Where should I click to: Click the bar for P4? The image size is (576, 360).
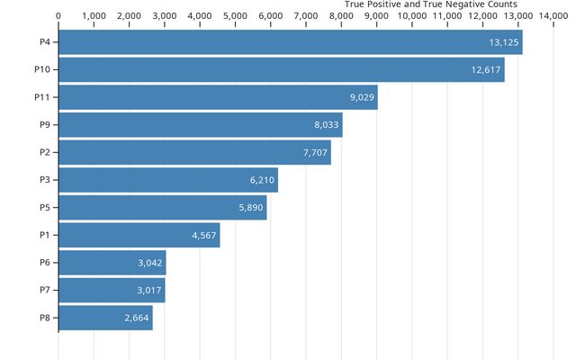(x=291, y=42)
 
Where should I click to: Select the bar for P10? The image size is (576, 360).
(x=282, y=70)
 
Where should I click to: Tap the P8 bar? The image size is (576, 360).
(x=106, y=318)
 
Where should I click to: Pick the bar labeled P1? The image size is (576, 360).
(x=139, y=235)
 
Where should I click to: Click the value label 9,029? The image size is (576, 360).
(x=362, y=97)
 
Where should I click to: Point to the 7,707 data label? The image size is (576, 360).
(x=315, y=152)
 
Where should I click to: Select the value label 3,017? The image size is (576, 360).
(x=149, y=290)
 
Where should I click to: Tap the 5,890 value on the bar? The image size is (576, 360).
(x=251, y=208)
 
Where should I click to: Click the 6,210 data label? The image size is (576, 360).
(x=262, y=180)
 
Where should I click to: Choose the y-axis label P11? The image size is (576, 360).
(x=42, y=97)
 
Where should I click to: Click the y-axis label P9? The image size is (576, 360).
(x=45, y=125)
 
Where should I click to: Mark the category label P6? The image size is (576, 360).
(x=45, y=263)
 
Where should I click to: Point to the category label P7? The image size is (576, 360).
(x=45, y=290)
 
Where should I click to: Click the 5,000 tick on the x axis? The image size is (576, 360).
(x=235, y=16)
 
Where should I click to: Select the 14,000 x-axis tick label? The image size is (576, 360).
(x=553, y=16)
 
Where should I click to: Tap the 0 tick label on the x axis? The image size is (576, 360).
(x=58, y=16)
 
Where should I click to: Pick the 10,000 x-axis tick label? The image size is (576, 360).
(x=412, y=16)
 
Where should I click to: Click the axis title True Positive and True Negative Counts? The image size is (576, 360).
(x=430, y=4)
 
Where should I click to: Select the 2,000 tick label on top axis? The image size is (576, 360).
(x=129, y=16)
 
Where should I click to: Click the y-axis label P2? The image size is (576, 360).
(x=45, y=152)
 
